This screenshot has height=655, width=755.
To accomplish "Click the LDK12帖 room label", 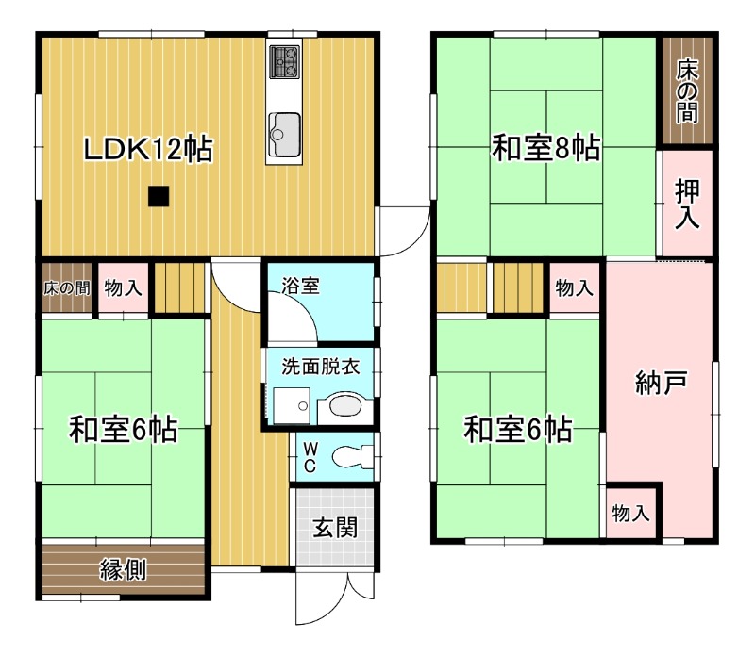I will coord(147,149).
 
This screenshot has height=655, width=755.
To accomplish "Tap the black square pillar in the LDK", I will coord(159,196).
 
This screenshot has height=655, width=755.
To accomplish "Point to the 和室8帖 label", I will coord(546,148).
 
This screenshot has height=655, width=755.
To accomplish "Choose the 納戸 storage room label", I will coord(660,384).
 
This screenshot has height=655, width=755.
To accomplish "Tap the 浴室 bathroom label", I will coord(301,285).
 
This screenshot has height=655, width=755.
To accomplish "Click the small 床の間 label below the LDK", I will coord(67,288).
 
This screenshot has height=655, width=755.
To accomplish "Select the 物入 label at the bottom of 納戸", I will coord(630,514).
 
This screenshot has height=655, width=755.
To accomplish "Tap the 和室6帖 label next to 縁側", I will coord(123,431).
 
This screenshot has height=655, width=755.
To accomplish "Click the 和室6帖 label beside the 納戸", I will coord(516,431).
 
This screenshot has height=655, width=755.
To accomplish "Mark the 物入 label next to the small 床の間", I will coord(123,288).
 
